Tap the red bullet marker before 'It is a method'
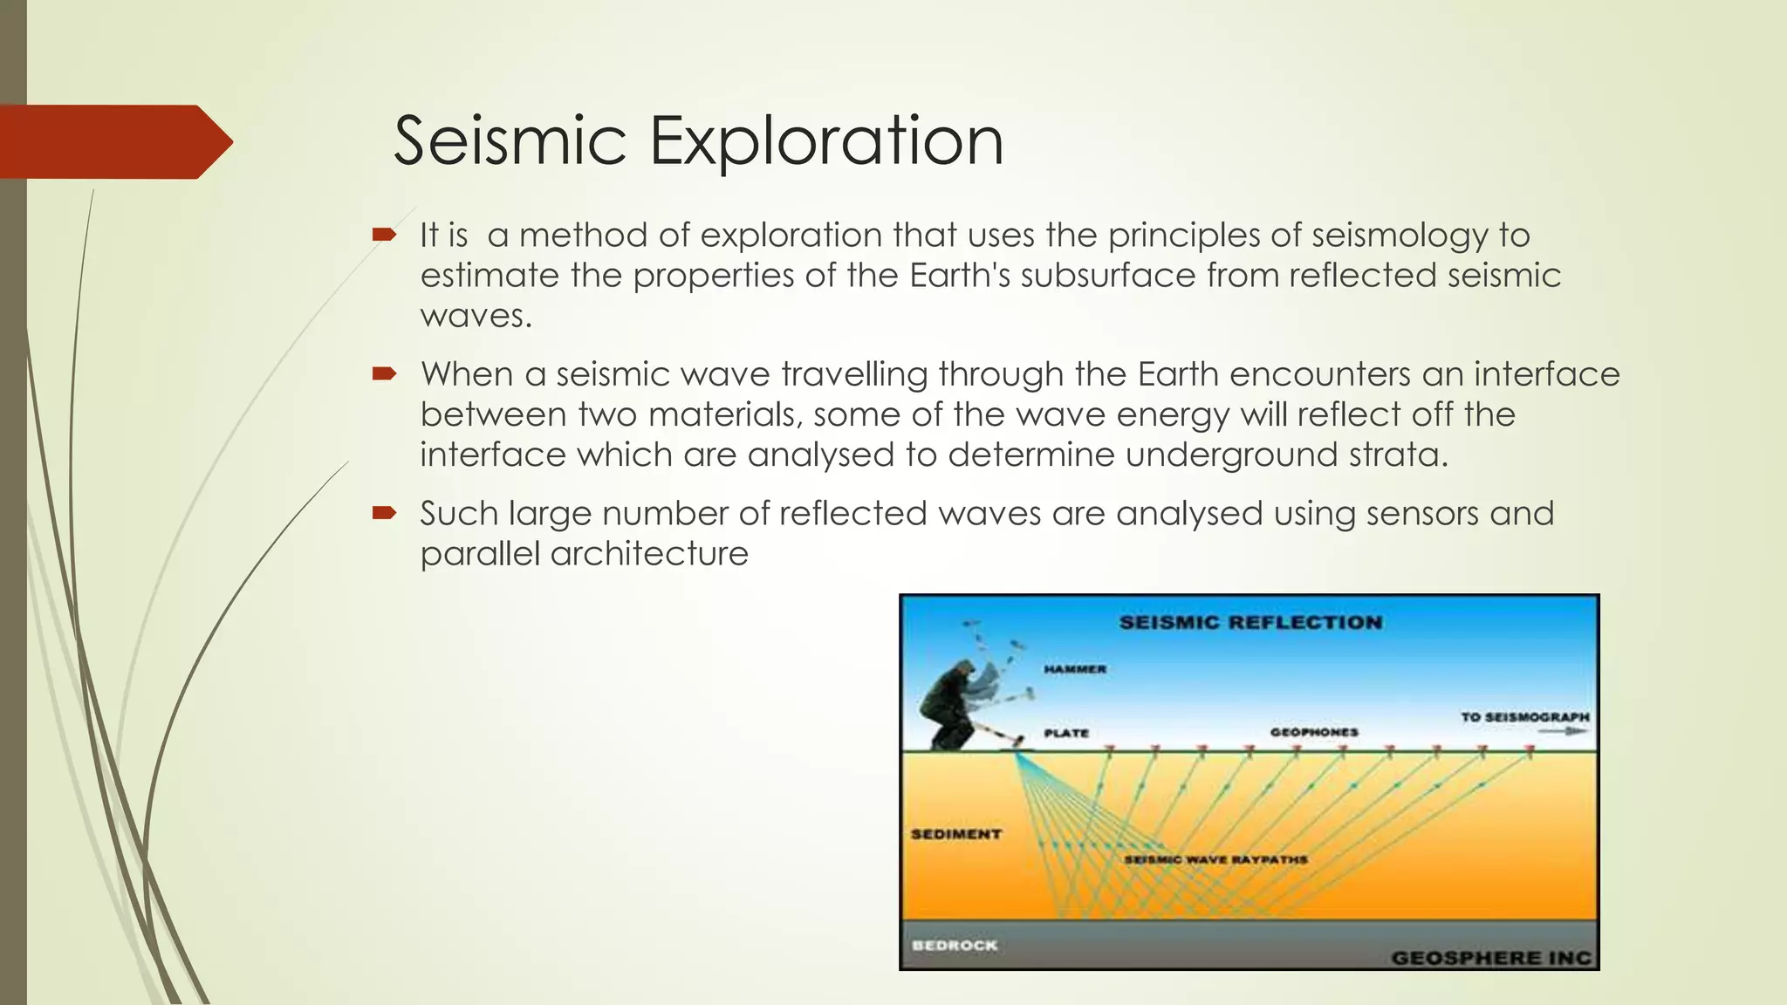tap(384, 235)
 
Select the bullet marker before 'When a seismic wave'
tap(384, 374)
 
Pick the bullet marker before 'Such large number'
tap(384, 513)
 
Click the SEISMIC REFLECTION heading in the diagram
tap(1250, 623)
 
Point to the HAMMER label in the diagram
tap(1075, 669)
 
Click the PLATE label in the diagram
tap(1066, 733)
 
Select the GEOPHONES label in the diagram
tap(1313, 732)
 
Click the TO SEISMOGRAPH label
tap(1524, 717)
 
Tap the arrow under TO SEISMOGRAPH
tap(1562, 732)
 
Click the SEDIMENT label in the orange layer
tap(955, 834)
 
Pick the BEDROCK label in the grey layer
tap(954, 946)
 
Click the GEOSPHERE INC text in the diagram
tap(1490, 958)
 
